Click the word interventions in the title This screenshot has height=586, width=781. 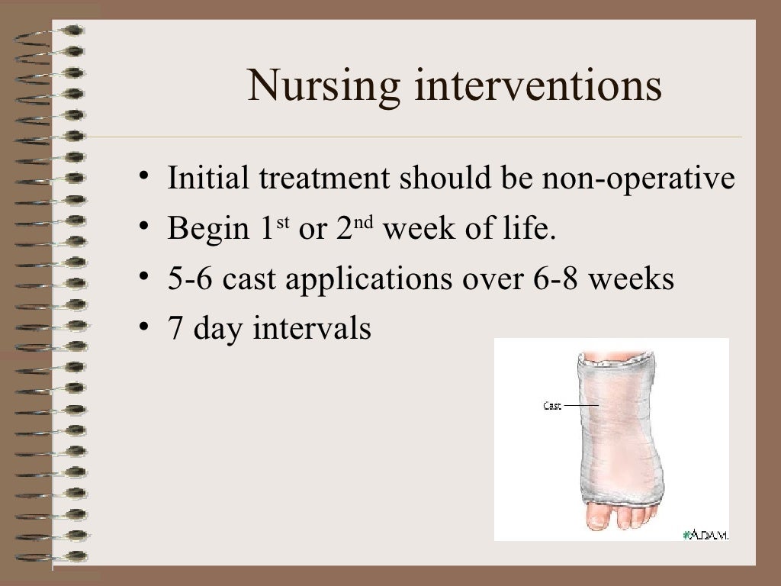538,85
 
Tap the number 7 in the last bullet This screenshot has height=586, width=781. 175,329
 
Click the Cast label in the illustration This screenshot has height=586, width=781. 551,406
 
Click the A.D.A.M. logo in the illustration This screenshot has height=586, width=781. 705,535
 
